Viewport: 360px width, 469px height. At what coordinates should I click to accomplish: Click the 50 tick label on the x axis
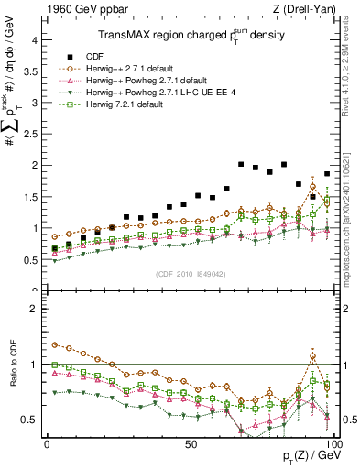[x=190, y=443]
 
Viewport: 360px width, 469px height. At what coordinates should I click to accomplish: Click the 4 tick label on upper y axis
[x=34, y=40]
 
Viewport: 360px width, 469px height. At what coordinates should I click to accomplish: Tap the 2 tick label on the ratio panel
[x=34, y=309]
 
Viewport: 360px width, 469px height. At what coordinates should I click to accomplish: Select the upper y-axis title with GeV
[x=13, y=110]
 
